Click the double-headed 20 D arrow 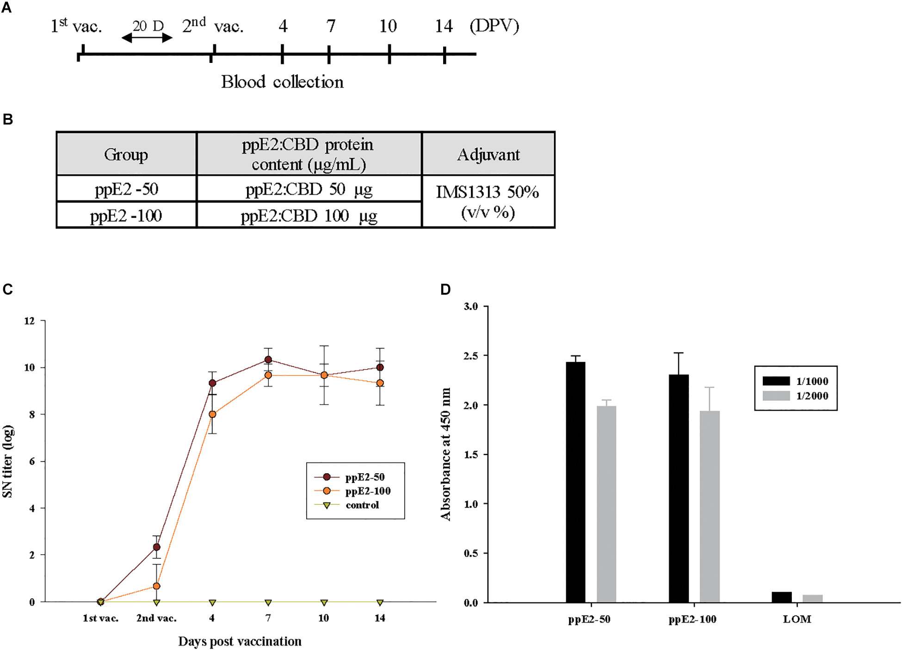147,38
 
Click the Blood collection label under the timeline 282,82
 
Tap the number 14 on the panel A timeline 444,26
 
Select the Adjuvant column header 488,155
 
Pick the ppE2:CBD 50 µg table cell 309,189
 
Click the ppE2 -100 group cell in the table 126,216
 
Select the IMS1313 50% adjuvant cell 488,202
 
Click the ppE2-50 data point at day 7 268,359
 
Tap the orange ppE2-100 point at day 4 212,415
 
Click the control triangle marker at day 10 324,603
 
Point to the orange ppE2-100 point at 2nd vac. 156,586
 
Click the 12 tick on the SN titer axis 30,321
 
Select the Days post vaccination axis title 240,641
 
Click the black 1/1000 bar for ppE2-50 575,481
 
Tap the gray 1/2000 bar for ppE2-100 710,507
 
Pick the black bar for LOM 782,597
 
